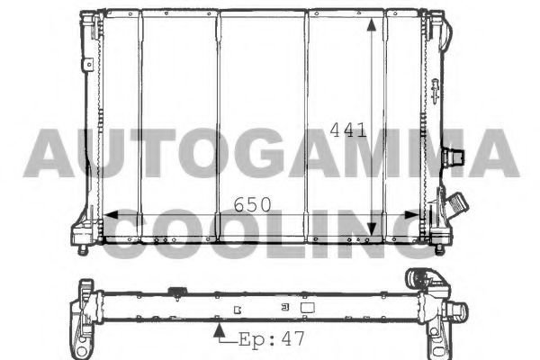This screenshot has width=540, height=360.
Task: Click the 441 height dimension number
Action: point(347,130)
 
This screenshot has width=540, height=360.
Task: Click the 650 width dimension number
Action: point(252,204)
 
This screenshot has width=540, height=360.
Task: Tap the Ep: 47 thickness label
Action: point(272,339)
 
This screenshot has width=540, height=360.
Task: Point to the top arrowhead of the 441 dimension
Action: point(371,25)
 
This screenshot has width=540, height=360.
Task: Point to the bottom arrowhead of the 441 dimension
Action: point(371,229)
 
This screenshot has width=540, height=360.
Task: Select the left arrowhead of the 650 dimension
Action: point(111,215)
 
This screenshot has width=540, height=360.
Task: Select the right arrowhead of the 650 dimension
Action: point(411,215)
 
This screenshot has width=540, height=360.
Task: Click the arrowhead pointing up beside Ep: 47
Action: point(219,330)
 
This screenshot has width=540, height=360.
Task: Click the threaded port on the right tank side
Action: point(454,157)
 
